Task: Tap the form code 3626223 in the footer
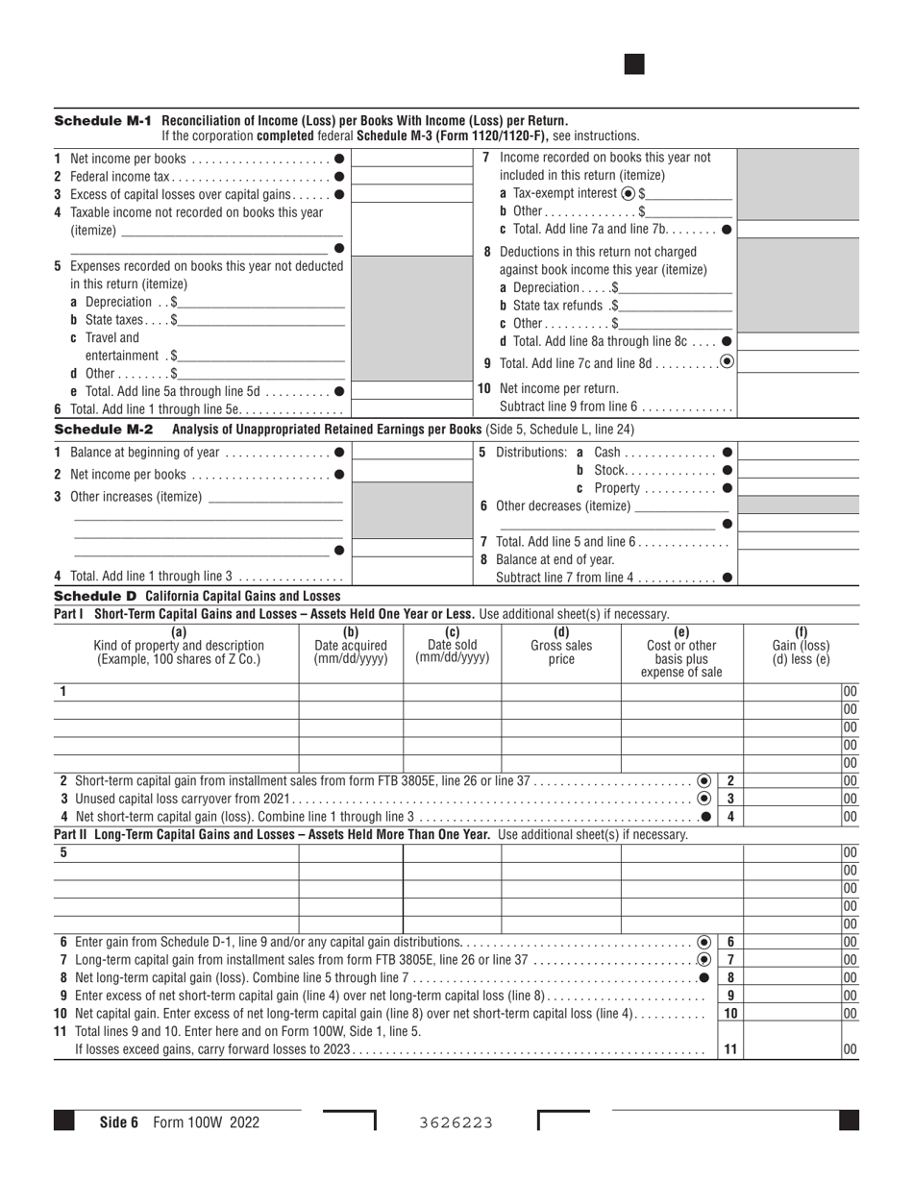click(456, 1122)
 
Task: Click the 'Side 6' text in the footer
click(119, 1121)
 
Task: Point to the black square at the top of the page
click(634, 64)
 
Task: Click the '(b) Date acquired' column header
click(351, 646)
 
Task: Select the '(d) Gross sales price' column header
click(561, 646)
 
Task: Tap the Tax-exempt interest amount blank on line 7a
click(689, 193)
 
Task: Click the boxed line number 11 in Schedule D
click(730, 1049)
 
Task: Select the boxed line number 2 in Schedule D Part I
click(730, 781)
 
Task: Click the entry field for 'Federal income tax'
click(400, 176)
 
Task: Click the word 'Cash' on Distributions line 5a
click(607, 453)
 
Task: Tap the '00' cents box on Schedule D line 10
click(850, 1013)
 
